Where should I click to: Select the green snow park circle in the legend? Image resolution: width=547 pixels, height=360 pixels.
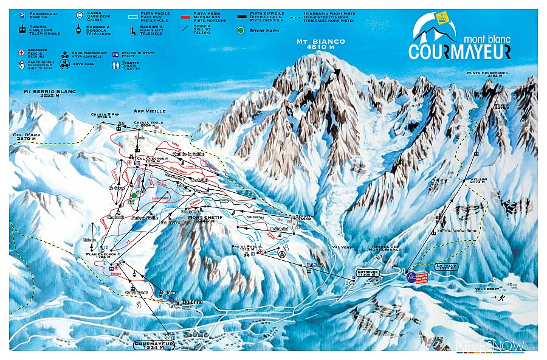(242, 30)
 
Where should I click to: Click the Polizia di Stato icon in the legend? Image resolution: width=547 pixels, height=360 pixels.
(115, 55)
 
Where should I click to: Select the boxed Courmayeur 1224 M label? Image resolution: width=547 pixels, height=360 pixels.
(154, 345)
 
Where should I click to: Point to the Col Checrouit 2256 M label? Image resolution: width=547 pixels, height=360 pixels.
(150, 161)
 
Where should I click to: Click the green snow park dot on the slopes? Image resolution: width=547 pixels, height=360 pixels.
(134, 196)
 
